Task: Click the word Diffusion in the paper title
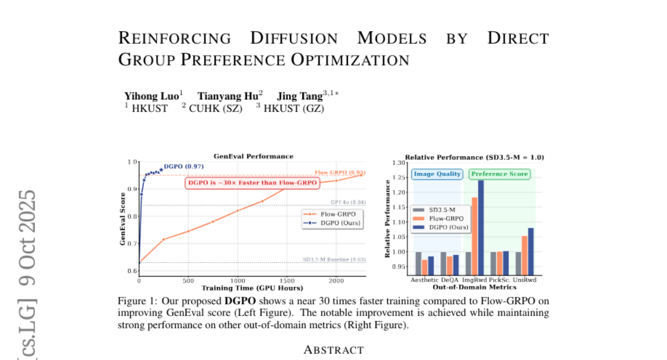[x=293, y=38]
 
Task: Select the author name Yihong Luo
[x=151, y=96]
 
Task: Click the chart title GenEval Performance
[x=253, y=156]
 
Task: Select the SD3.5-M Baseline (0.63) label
[x=334, y=259]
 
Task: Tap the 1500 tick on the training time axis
[x=287, y=281]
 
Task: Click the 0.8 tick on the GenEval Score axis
[x=132, y=216]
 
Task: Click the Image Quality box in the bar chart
[x=437, y=174]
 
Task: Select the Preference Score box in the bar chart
[x=499, y=174]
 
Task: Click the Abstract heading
[x=333, y=350]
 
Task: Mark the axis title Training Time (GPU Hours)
[x=252, y=288]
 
